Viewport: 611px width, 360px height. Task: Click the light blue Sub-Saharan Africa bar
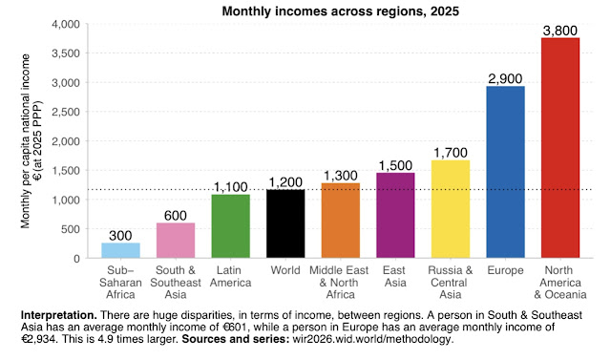pos(120,250)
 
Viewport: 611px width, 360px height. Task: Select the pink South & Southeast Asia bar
pos(176,240)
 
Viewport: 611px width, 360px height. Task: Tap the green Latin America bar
pos(230,226)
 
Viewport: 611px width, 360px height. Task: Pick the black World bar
pos(285,223)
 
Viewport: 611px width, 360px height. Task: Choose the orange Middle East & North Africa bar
pos(340,221)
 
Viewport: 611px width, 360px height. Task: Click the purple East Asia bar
pos(395,215)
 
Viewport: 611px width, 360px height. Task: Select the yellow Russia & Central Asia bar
pos(451,208)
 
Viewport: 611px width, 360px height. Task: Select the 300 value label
pos(120,235)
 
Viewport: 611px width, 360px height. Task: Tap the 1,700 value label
pos(451,152)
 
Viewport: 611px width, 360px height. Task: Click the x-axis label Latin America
pos(230,277)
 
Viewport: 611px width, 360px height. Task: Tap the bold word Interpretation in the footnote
pos(57,314)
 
